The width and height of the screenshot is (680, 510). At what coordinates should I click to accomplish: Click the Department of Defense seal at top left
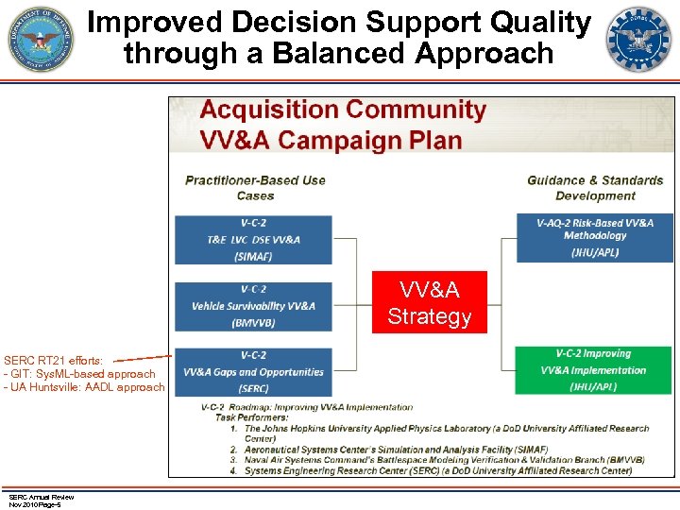pos(40,41)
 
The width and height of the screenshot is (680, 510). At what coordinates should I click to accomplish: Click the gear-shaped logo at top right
pos(639,41)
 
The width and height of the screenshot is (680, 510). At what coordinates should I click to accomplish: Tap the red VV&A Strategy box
pos(429,302)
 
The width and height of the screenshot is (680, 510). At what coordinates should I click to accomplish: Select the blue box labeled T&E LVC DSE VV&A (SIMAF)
pos(253,239)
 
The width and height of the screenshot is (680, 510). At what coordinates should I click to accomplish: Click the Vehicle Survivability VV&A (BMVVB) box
pos(253,306)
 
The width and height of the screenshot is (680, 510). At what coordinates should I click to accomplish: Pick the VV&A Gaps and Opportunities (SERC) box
pos(253,371)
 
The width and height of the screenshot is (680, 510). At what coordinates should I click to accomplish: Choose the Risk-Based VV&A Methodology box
pos(594,237)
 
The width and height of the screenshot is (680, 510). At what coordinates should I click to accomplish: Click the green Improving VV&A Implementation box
pos(594,370)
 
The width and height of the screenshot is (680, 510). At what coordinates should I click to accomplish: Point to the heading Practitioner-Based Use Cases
pos(255,188)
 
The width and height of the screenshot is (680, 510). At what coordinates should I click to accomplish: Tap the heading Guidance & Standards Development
pos(595,188)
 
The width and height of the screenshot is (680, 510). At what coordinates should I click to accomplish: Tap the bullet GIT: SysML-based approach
pos(79,374)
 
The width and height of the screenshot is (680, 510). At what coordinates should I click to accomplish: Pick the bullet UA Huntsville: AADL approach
pos(84,387)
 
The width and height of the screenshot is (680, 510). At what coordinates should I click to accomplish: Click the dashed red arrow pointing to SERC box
pos(142,358)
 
